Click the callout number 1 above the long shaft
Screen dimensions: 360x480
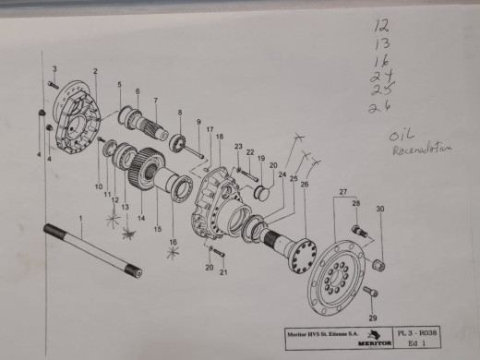[x=80, y=218]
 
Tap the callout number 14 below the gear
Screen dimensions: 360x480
[x=141, y=217]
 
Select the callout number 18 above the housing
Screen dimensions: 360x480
[x=220, y=137]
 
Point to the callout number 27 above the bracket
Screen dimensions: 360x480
[x=343, y=192]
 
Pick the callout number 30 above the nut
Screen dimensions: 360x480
[x=379, y=210]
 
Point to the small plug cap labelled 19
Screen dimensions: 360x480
[x=259, y=192]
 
